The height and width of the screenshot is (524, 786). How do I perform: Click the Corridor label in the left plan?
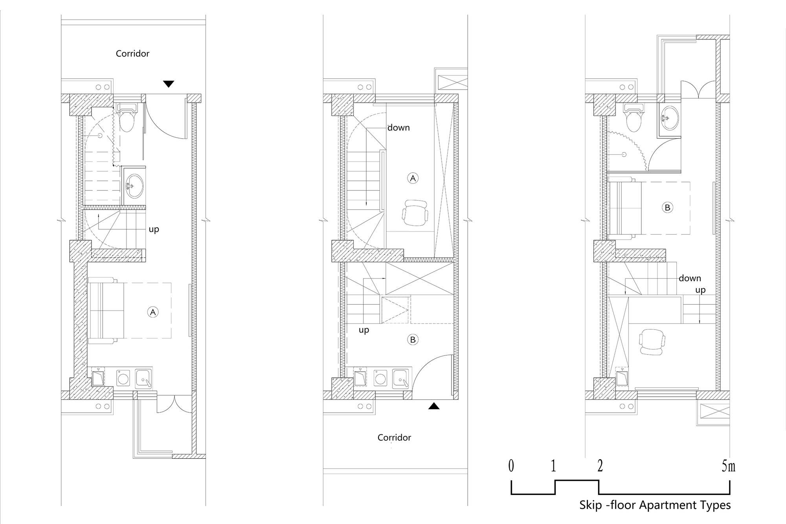[132, 53]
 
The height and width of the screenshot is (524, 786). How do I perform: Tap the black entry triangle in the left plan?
[169, 84]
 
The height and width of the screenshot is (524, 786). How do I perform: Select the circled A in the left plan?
[152, 312]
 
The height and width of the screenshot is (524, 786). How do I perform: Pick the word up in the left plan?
[154, 229]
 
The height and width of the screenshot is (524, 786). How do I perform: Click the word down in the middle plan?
[399, 128]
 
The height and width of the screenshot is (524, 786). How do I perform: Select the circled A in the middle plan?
[413, 178]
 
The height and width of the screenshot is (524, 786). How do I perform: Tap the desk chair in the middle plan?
[415, 213]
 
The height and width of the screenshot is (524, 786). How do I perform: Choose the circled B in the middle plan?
[413, 340]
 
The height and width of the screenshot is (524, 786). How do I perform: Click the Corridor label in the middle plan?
[394, 438]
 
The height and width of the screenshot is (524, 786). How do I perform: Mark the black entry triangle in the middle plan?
[433, 406]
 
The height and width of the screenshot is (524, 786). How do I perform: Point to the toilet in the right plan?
[634, 118]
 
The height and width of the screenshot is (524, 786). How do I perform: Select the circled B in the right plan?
[667, 208]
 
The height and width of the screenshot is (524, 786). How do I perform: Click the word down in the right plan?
[690, 278]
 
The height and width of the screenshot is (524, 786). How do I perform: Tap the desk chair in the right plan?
[652, 342]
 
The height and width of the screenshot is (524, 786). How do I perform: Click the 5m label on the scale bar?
[728, 466]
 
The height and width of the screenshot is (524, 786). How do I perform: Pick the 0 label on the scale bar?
[511, 466]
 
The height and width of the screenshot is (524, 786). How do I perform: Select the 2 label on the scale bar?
[600, 466]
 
